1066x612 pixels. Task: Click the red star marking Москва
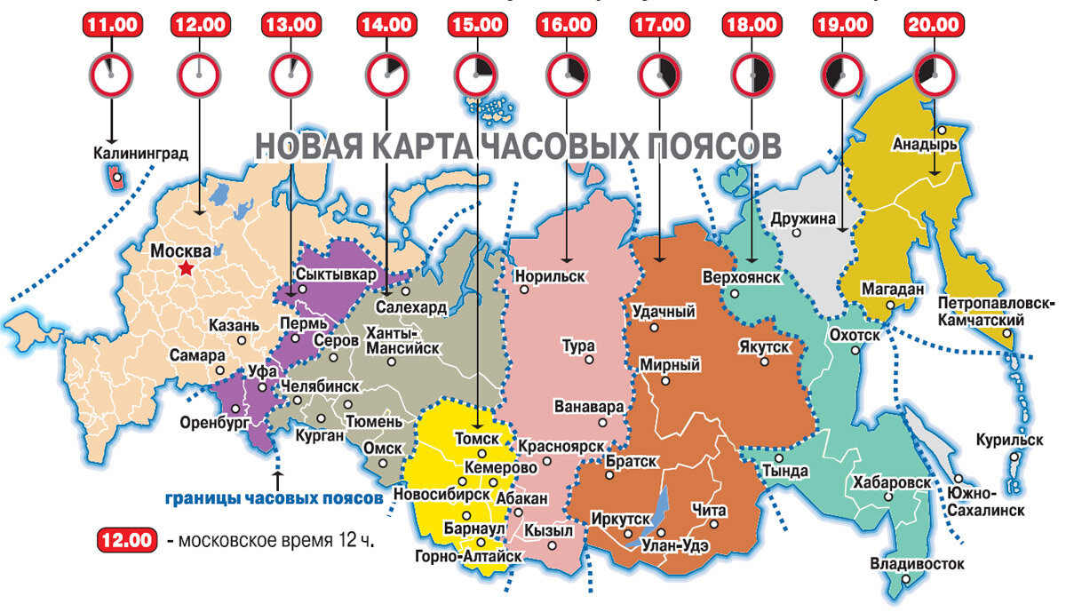pyautogui.click(x=186, y=268)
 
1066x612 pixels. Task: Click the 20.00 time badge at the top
pyautogui.click(x=933, y=25)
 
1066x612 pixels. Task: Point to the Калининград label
pyautogui.click(x=140, y=153)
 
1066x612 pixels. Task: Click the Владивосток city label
pyautogui.click(x=916, y=563)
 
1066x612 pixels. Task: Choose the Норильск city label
pyautogui.click(x=550, y=276)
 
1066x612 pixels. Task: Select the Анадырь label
pyautogui.click(x=924, y=143)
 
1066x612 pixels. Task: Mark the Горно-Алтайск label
pyautogui.click(x=467, y=557)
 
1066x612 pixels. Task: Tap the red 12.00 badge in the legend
pyautogui.click(x=125, y=540)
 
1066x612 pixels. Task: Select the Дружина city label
pyautogui.click(x=803, y=218)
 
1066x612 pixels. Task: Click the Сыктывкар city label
pyautogui.click(x=337, y=274)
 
